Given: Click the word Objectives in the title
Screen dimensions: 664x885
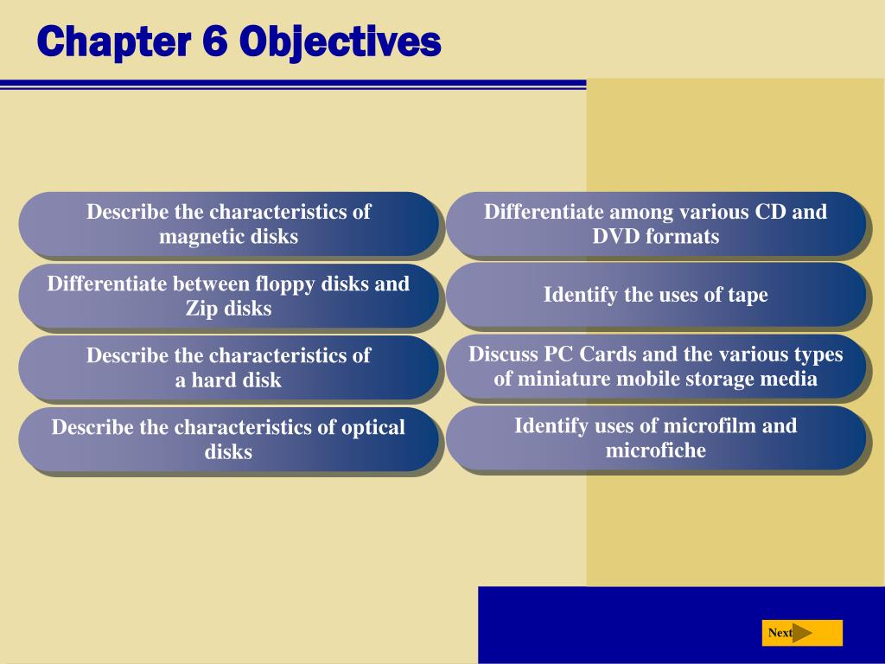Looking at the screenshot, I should pos(341,41).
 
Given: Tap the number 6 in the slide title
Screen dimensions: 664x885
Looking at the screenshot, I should pos(215,41).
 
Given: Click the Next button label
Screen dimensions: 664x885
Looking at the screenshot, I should pos(780,633).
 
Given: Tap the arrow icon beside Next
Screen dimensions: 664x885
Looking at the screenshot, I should pos(803,633).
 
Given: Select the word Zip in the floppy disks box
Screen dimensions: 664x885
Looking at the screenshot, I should pos(202,309).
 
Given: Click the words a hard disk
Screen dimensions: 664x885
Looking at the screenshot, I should pos(228,380).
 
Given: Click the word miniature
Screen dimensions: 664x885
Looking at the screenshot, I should pos(558,379).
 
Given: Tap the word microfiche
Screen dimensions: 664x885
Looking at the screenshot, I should pos(655,450).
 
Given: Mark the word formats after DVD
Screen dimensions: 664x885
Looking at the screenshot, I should pos(683,236).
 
